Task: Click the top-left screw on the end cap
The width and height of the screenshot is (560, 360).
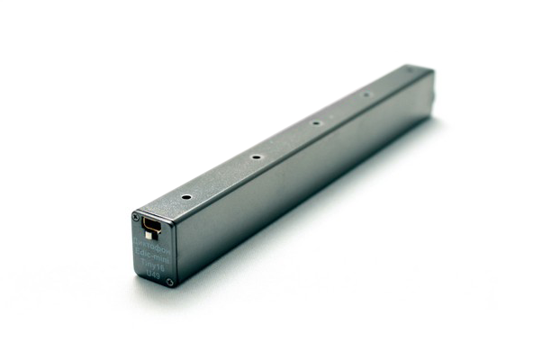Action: pos(136,218)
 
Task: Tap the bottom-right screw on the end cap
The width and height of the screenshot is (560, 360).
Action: pos(169,283)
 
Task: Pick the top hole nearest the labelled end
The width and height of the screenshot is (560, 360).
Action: pos(185,196)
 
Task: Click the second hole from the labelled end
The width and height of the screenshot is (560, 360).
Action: pos(257,157)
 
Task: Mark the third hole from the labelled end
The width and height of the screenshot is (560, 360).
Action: pos(316,122)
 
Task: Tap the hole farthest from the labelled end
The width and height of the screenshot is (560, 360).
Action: pos(366,94)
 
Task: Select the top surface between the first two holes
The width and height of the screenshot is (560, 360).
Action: pos(221,176)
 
